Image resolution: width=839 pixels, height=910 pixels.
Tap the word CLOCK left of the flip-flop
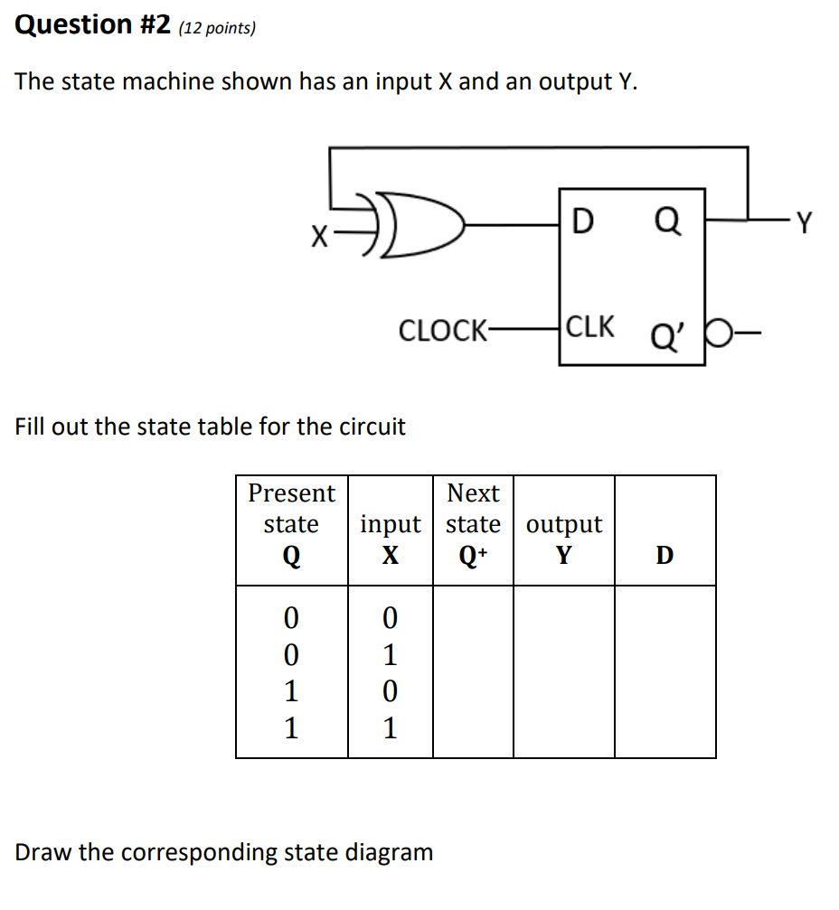point(441,331)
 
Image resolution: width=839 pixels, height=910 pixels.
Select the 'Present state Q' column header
point(291,524)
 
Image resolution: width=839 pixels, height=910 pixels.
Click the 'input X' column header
point(390,539)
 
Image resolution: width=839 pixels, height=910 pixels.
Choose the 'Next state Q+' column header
point(473,524)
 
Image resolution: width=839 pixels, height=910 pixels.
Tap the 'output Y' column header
point(563,539)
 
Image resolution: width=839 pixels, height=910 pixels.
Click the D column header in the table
point(665,555)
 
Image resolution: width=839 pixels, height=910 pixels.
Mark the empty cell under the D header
point(665,671)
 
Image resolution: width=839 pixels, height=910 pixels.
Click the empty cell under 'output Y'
point(563,671)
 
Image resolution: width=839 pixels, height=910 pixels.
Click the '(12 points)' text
point(217,28)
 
